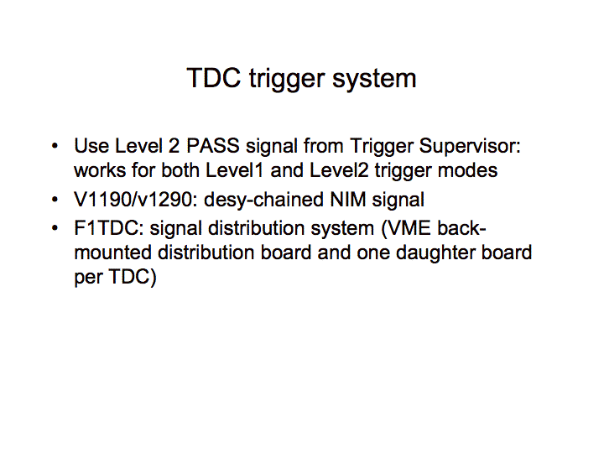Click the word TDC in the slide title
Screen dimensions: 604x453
(x=214, y=78)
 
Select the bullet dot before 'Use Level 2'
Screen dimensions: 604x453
(x=55, y=146)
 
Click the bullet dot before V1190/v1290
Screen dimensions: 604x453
(x=55, y=200)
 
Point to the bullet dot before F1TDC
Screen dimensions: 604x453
(x=55, y=228)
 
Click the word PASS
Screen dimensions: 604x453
(x=212, y=146)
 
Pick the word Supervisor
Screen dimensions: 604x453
(x=470, y=148)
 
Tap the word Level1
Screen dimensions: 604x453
(x=234, y=170)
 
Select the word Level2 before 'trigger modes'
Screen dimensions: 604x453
(x=339, y=170)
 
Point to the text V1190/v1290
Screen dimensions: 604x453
(x=133, y=200)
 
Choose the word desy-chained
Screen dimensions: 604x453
(x=264, y=201)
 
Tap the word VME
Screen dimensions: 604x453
(x=409, y=228)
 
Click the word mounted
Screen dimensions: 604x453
(x=113, y=253)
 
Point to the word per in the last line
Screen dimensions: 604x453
(x=88, y=279)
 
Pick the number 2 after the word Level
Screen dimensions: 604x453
(x=174, y=146)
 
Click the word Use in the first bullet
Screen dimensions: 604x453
(x=91, y=146)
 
